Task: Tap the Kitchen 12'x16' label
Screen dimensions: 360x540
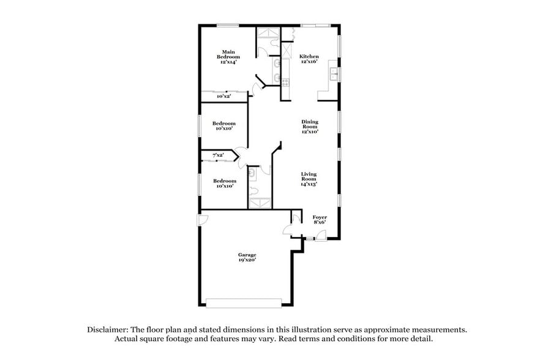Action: click(309, 59)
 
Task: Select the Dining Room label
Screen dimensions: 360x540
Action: click(309, 127)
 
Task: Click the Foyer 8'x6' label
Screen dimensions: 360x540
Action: click(320, 220)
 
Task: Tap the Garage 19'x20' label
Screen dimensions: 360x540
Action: click(247, 257)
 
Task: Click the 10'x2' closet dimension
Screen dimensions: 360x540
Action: click(223, 97)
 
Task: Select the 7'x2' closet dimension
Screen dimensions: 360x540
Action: click(218, 156)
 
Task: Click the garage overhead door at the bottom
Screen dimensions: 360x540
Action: click(244, 302)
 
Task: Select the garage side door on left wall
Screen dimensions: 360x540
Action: click(199, 220)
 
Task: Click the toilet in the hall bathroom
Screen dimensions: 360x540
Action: click(252, 174)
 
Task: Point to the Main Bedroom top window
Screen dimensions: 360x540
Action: click(228, 25)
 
